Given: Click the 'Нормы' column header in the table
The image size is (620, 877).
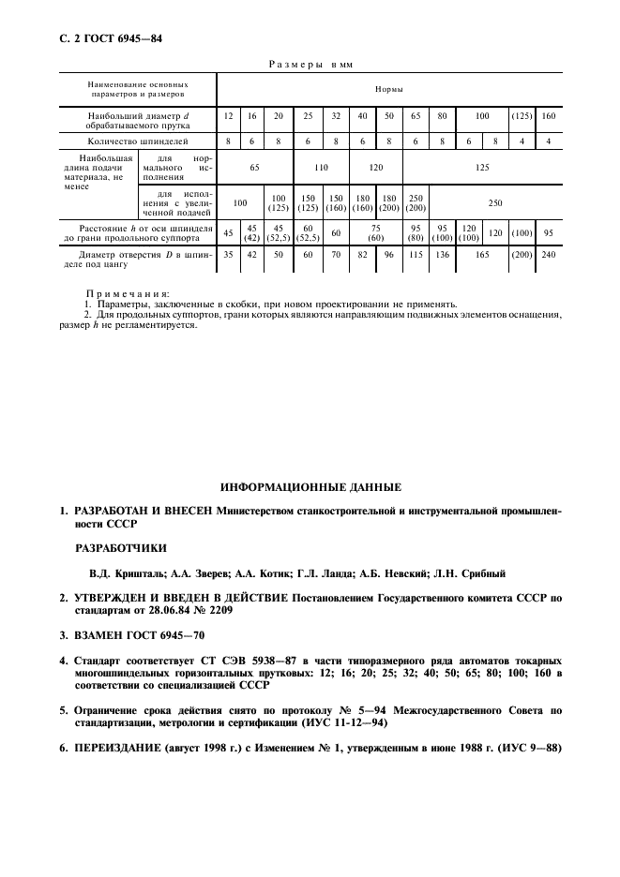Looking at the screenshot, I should pyautogui.click(x=389, y=89).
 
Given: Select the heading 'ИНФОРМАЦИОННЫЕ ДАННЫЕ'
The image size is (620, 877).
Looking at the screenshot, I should pyautogui.click(x=310, y=487).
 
